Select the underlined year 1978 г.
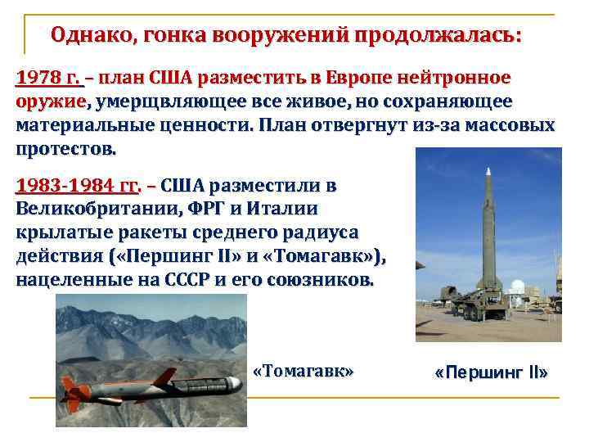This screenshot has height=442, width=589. [50, 79]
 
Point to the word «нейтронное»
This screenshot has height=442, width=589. [455, 79]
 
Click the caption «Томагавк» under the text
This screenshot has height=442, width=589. [304, 371]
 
